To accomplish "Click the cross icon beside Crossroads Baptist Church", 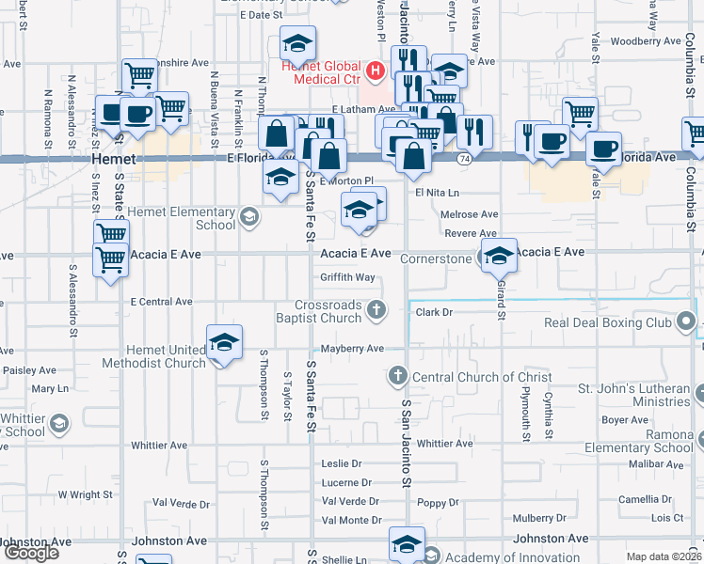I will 376,308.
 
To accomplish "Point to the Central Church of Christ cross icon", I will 397,377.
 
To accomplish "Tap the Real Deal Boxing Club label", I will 608,323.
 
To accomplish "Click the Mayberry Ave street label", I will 352,348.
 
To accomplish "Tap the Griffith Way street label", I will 347,277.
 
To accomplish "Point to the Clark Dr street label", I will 435,311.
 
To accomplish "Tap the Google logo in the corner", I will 31,553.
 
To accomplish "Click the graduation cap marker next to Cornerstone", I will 498,254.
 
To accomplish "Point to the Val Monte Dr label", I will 351,520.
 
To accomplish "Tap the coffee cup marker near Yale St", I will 603,149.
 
